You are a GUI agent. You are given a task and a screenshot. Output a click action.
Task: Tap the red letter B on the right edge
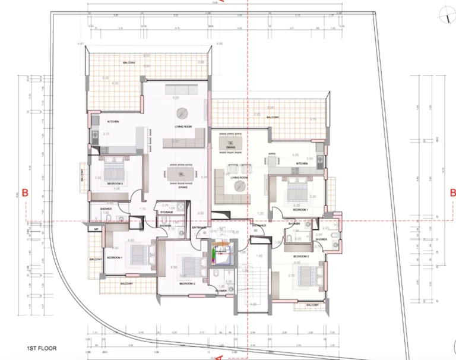(x=452, y=192)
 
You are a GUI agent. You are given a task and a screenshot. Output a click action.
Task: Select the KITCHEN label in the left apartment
(x=113, y=122)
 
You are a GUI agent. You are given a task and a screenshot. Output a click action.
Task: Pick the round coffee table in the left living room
(x=183, y=113)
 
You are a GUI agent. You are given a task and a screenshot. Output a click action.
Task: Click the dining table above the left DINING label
(x=178, y=173)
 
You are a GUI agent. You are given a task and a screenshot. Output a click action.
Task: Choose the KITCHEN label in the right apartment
(x=302, y=163)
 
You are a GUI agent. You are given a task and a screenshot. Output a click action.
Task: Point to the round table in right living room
(x=240, y=186)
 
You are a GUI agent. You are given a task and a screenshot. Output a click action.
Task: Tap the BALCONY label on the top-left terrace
(x=128, y=63)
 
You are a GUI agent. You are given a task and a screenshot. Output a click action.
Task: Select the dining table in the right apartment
(x=226, y=144)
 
